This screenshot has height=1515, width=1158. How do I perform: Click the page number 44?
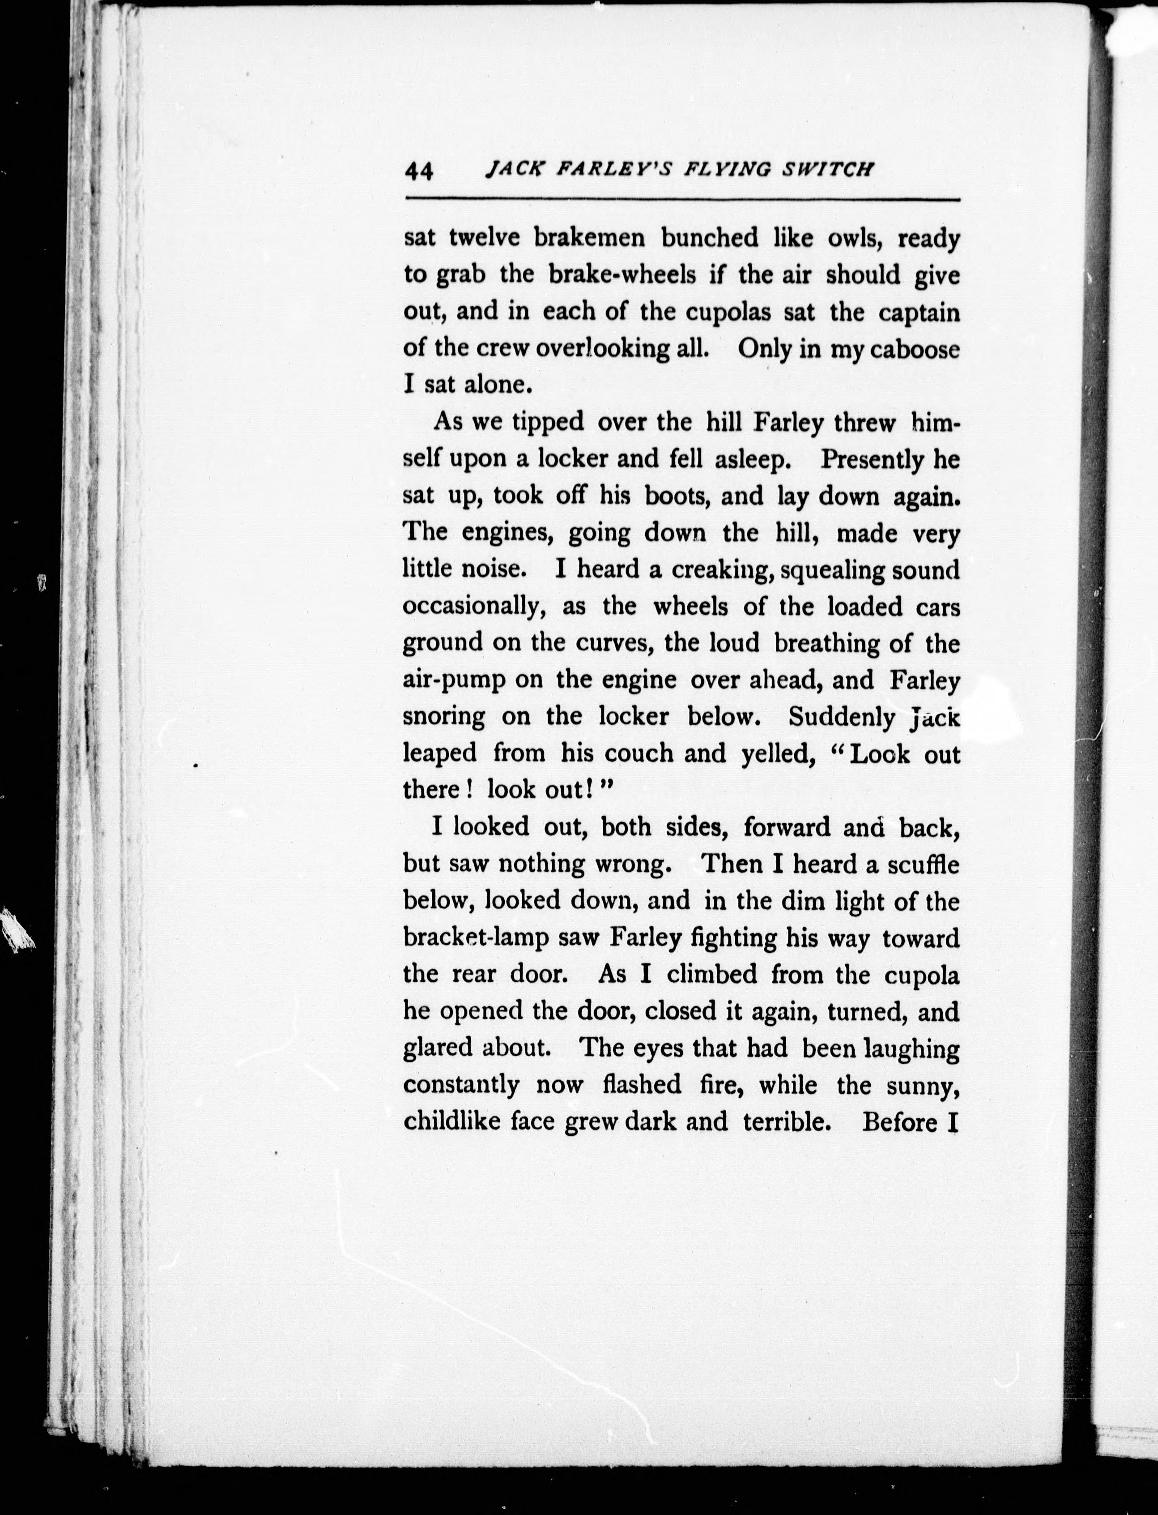click(419, 170)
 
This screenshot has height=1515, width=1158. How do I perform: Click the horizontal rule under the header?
click(682, 200)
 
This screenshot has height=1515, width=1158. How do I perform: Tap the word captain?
click(919, 312)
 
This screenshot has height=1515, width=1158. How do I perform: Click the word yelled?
click(774, 753)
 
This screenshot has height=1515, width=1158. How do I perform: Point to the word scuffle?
click(922, 864)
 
